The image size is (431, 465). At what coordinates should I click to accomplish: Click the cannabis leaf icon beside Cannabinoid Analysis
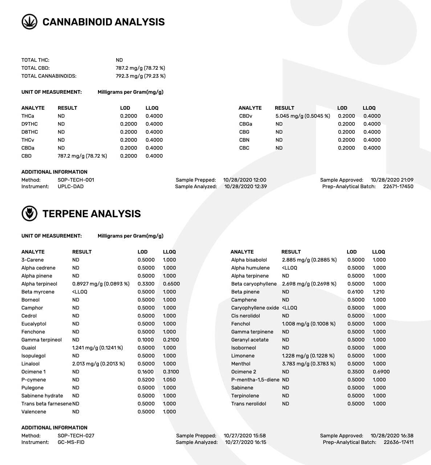pos(29,22)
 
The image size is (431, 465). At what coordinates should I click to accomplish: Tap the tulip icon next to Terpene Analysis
pos(29,214)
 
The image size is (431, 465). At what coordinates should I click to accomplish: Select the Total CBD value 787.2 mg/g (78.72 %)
pos(140,68)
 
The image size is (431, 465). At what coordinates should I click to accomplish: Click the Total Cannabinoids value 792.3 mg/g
pos(141,76)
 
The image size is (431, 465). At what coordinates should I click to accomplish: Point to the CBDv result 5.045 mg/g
pos(302,116)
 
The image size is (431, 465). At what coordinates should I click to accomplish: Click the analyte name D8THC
pos(29,132)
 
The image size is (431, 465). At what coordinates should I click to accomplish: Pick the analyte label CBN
pos(244,140)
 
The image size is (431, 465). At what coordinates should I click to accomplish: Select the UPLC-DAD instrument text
pos(70,186)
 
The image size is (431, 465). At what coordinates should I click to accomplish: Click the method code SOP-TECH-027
pos(76,436)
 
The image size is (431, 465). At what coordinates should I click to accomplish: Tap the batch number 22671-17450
pos(398,186)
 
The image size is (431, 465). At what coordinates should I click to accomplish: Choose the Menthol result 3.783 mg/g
pos(309,364)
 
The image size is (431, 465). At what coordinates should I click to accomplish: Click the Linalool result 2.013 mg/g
pos(98,364)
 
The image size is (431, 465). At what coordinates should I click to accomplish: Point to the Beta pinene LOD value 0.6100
pos(355,292)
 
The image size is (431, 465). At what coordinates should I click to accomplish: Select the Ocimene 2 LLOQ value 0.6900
pos(381,372)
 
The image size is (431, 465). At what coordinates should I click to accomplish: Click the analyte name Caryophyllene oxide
pos(255,308)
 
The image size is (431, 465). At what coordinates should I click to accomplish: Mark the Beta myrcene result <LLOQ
pos(80,292)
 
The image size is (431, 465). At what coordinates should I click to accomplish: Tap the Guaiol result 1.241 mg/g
pos(97,348)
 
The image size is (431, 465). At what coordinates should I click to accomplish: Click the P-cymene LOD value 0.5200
pos(146,380)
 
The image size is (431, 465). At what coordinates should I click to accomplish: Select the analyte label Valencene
pos(34,412)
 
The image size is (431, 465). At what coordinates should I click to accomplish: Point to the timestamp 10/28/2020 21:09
pos(392,180)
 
